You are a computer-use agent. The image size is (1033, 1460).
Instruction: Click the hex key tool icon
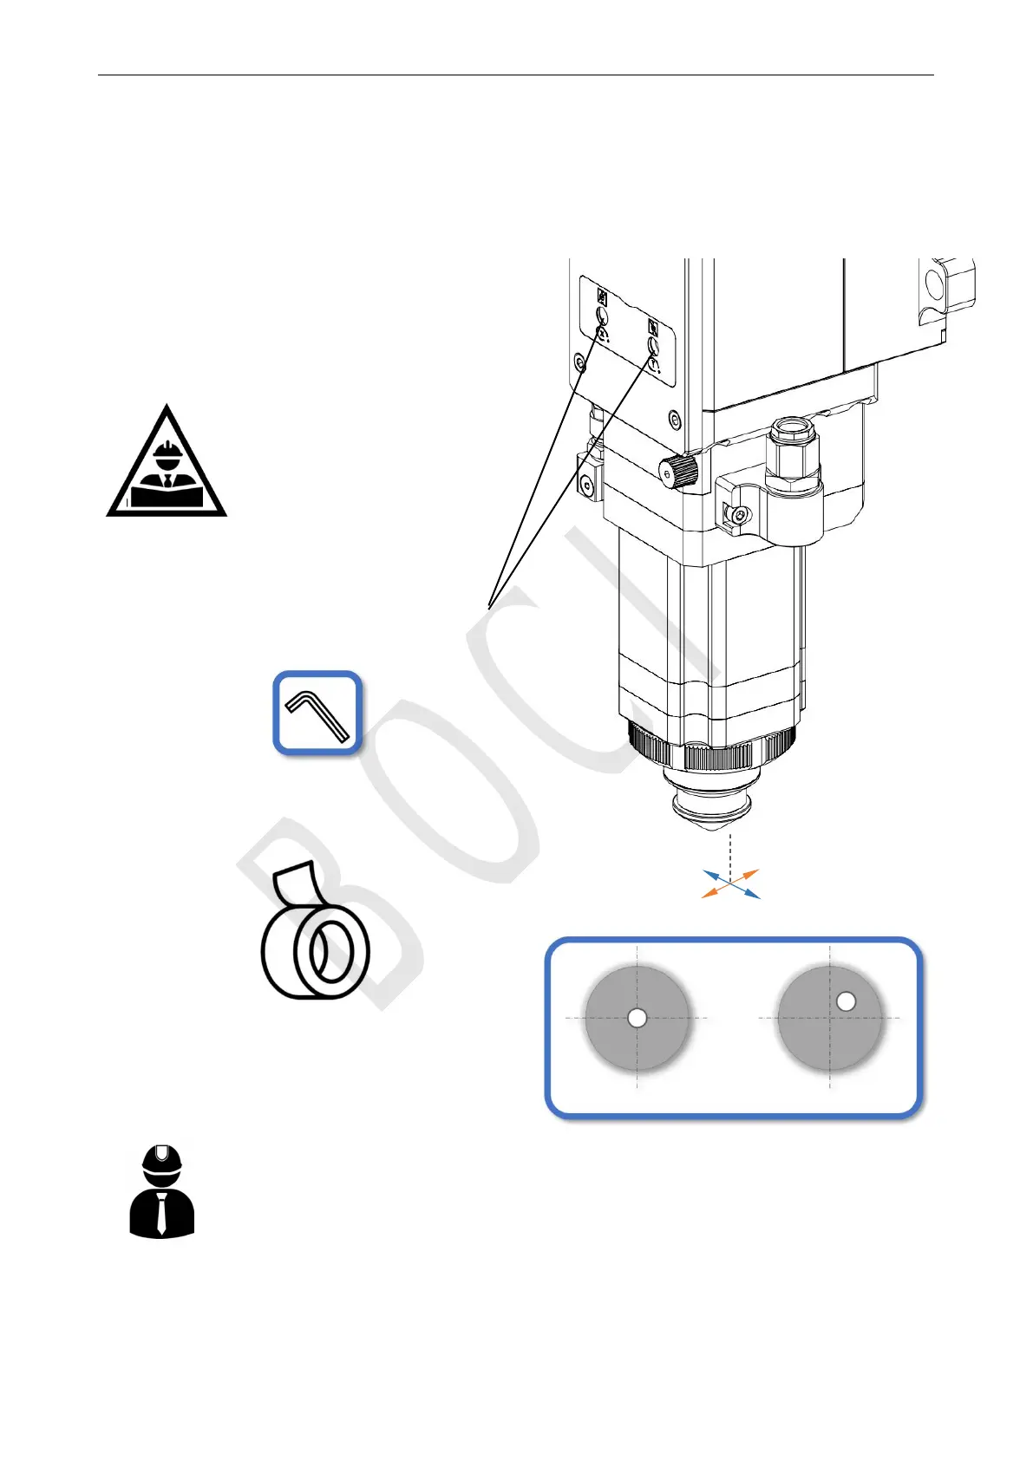pos(317,713)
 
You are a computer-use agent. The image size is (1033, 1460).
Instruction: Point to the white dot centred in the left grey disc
pos(637,1018)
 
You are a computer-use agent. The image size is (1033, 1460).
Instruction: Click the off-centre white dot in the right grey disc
pos(846,1001)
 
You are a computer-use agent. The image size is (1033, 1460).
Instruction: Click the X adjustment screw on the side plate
pos(603,316)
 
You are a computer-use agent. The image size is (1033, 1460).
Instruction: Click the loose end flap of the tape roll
pos(291,880)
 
